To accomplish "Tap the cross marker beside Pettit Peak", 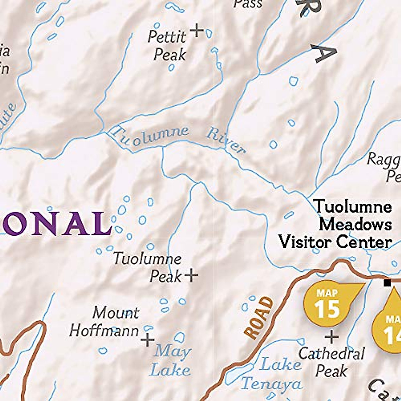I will (x=197, y=30).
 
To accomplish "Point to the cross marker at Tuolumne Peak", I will (x=191, y=275).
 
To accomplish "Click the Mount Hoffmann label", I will (x=104, y=322).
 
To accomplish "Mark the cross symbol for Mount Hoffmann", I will (x=147, y=341).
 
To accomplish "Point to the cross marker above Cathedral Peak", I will (x=331, y=337).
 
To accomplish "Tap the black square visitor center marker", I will (x=387, y=283).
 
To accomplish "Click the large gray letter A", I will (x=324, y=53).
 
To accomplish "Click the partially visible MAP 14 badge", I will (x=389, y=327).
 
